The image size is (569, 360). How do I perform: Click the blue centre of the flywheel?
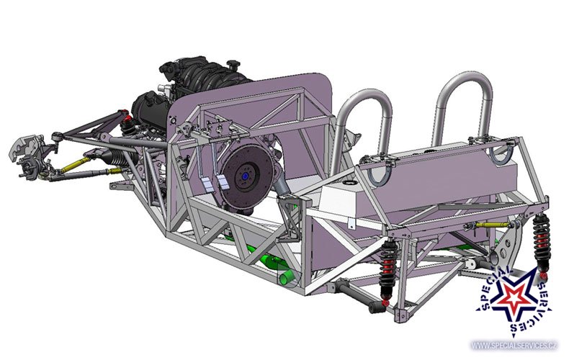click(246, 176)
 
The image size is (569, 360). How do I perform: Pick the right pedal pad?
click(223, 182)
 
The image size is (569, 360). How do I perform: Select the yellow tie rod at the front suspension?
click(75, 164)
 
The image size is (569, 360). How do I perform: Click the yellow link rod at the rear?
click(490, 225)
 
